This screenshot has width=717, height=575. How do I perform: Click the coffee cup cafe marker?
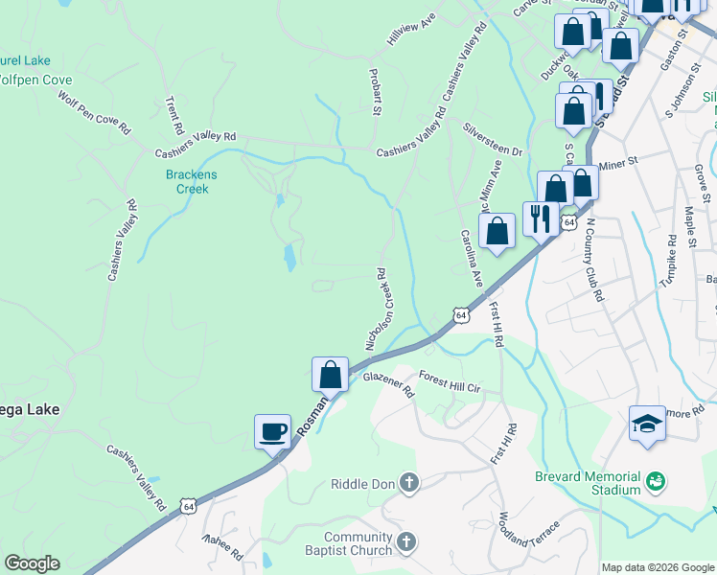tap(272, 430)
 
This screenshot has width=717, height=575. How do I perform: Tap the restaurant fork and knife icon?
tap(541, 219)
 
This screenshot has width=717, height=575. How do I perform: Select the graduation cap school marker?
tap(647, 424)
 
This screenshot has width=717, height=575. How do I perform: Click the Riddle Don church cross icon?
tap(410, 483)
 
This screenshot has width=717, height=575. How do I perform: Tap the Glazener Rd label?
tap(388, 385)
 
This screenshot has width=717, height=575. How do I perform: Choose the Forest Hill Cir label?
tap(448, 382)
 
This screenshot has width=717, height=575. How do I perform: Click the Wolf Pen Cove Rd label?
tap(93, 112)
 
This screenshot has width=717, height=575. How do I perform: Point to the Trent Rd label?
tap(173, 114)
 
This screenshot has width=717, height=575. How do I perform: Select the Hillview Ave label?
tap(411, 37)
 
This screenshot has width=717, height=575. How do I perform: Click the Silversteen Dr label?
tap(492, 140)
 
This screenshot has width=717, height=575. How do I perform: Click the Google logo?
tap(32, 563)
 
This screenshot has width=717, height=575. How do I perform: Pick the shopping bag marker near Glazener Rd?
tap(330, 374)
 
